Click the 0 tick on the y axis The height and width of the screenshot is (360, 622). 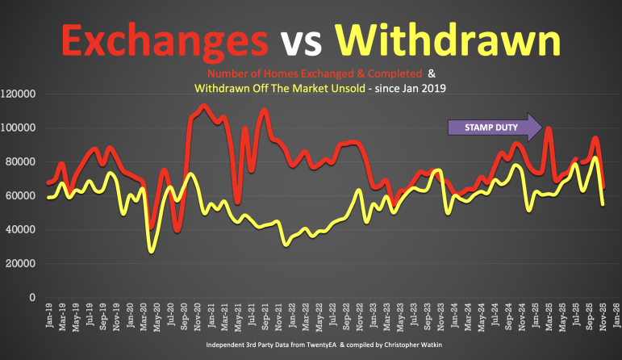(x=31, y=297)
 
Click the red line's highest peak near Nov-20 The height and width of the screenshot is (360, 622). (x=203, y=106)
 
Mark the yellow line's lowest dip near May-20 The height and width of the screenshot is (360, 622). (x=151, y=251)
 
